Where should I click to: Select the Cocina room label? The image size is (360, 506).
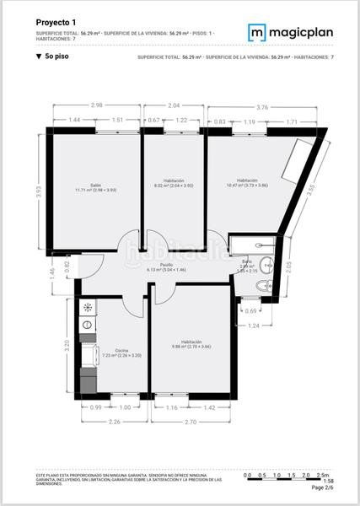110,352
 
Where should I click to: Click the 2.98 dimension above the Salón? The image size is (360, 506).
98,105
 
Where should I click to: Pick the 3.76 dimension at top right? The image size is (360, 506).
261,106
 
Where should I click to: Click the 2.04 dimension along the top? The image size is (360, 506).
174,105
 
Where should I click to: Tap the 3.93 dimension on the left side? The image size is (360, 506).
40,192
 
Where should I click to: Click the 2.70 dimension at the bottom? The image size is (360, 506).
191,422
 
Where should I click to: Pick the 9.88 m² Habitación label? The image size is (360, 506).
191,344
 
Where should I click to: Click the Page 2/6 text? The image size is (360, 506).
322,488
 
